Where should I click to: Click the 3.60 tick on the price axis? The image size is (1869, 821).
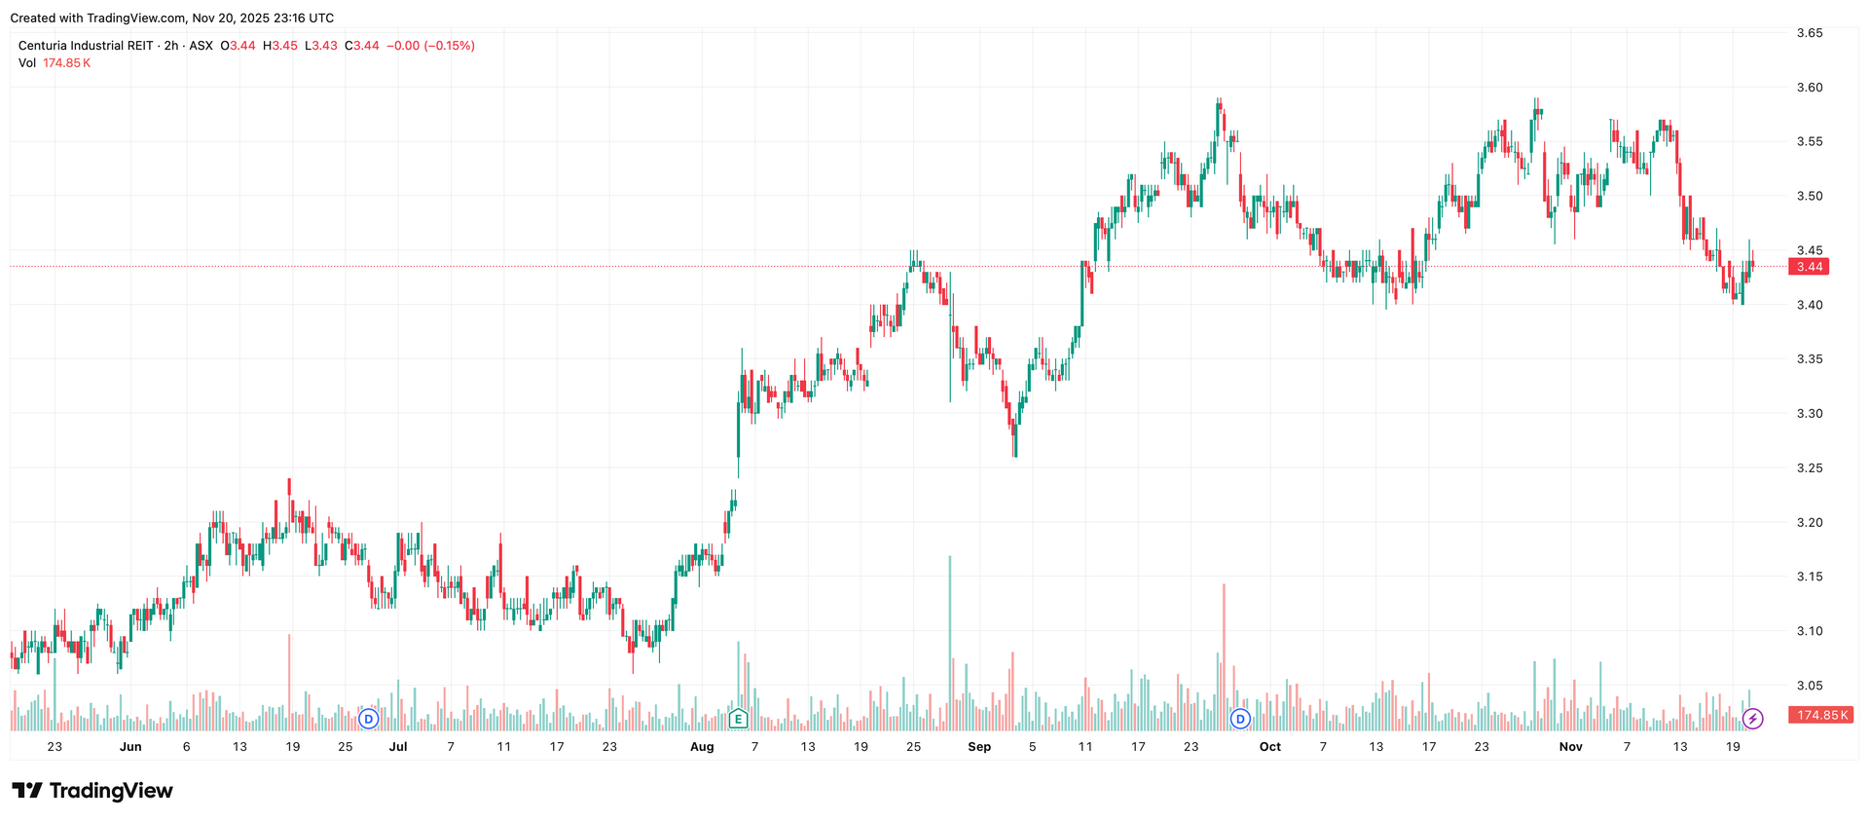pyautogui.click(x=1809, y=88)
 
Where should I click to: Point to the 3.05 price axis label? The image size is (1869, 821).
pyautogui.click(x=1809, y=686)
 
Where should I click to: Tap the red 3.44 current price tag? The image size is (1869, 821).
pyautogui.click(x=1809, y=267)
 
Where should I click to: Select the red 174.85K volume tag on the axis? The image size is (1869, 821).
pyautogui.click(x=1820, y=715)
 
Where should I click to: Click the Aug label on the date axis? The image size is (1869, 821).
pyautogui.click(x=702, y=747)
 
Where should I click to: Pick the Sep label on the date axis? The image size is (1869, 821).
pyautogui.click(x=979, y=747)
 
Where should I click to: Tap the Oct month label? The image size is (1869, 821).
pyautogui.click(x=1269, y=747)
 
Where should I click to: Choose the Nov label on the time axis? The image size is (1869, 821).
pyautogui.click(x=1570, y=747)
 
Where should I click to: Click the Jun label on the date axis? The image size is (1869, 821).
pyautogui.click(x=130, y=747)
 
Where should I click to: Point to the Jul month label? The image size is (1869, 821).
pyautogui.click(x=398, y=747)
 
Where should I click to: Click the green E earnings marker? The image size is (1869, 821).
pyautogui.click(x=738, y=720)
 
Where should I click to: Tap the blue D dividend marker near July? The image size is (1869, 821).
pyautogui.click(x=368, y=720)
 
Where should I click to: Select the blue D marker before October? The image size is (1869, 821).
pyautogui.click(x=1240, y=720)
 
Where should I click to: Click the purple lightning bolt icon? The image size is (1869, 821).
pyautogui.click(x=1752, y=720)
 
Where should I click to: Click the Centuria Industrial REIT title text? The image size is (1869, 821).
pyautogui.click(x=86, y=46)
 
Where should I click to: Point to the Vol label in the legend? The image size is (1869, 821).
pyautogui.click(x=27, y=63)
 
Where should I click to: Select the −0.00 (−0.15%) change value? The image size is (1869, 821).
pyautogui.click(x=430, y=46)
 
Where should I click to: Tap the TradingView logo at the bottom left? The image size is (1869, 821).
pyautogui.click(x=92, y=791)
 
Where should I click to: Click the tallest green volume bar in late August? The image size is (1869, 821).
pyautogui.click(x=950, y=643)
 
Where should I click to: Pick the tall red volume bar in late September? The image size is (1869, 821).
pyautogui.click(x=1224, y=657)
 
